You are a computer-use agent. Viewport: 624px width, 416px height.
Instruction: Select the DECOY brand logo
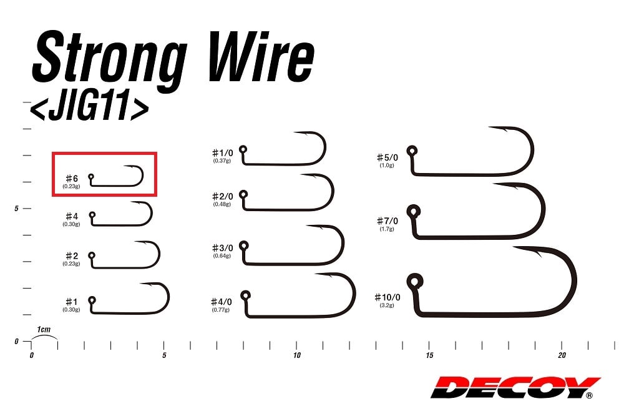click(515, 387)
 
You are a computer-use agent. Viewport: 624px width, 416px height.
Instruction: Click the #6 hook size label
click(72, 178)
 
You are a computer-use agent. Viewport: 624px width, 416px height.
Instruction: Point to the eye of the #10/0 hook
click(415, 282)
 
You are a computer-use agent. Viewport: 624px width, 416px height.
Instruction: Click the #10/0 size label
click(388, 297)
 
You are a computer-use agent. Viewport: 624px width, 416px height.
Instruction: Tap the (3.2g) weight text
click(387, 305)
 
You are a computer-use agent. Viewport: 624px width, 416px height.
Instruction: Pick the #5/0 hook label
click(388, 157)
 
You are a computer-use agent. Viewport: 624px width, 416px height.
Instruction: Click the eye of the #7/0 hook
click(414, 210)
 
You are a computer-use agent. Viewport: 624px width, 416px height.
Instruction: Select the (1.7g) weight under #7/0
click(387, 229)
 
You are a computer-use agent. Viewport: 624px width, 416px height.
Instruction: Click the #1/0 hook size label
click(223, 152)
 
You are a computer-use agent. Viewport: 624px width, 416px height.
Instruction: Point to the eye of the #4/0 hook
click(245, 295)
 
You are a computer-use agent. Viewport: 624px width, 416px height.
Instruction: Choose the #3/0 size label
click(223, 248)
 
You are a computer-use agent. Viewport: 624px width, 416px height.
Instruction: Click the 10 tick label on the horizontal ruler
click(297, 355)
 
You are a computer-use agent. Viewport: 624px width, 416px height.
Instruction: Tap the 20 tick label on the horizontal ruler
click(562, 355)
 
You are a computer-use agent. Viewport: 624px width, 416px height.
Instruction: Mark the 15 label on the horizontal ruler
click(429, 355)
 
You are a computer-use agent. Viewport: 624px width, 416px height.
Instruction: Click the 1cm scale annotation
click(44, 330)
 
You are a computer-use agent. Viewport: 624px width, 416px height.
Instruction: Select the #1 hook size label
click(72, 302)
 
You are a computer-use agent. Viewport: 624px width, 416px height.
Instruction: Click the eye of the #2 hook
click(92, 255)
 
